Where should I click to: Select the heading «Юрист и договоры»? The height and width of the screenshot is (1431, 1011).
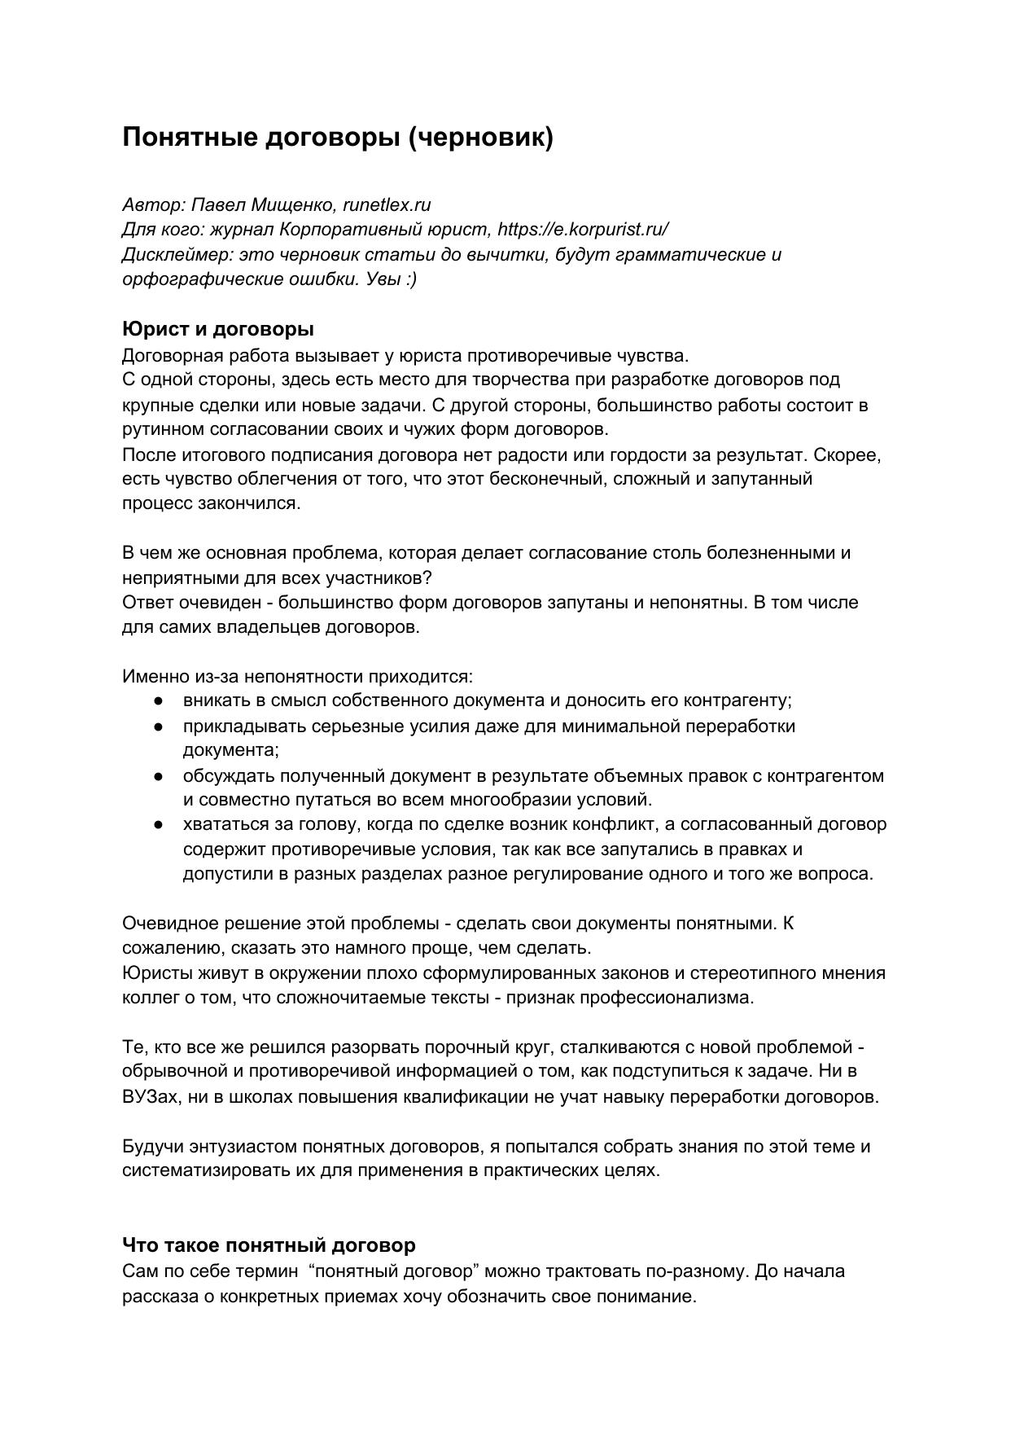[218, 329]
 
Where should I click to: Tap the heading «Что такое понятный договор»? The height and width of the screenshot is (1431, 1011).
[269, 1244]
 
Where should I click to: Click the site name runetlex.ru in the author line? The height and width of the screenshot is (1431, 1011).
[387, 204]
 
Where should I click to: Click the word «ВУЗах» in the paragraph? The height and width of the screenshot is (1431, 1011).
[149, 1096]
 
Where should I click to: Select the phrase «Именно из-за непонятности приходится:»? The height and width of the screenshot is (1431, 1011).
[298, 676]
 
